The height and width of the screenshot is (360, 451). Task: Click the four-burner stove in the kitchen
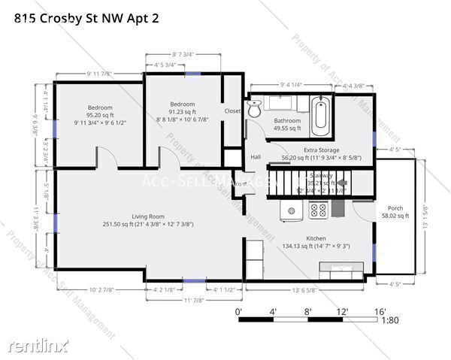318,211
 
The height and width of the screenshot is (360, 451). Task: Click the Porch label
395,208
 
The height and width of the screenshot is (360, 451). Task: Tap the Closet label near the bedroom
232,111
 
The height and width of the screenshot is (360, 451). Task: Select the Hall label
256,157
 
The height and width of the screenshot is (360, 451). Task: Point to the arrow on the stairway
342,183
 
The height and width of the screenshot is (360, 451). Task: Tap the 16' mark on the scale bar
380,311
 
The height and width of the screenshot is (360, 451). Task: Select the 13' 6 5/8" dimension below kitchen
304,289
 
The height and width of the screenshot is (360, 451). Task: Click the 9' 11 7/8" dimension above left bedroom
99,74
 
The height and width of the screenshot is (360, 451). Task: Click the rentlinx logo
38,346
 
